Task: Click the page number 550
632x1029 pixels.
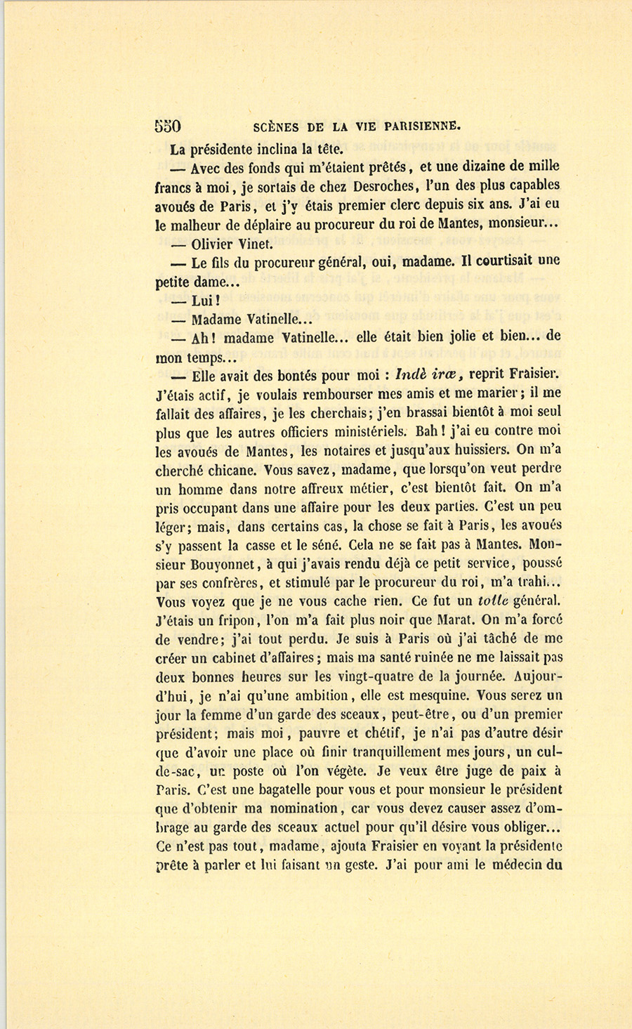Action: (x=168, y=126)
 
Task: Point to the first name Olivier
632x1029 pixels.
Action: (x=213, y=244)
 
